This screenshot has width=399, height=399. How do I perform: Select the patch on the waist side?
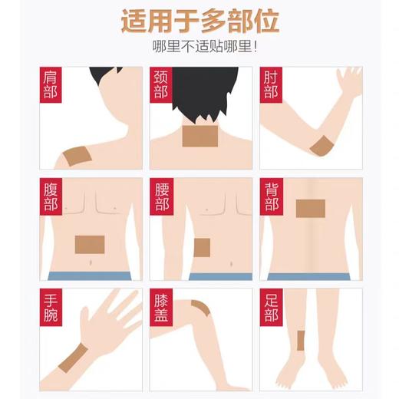pyautogui.click(x=202, y=247)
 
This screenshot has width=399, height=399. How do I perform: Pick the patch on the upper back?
pyautogui.click(x=310, y=208)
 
